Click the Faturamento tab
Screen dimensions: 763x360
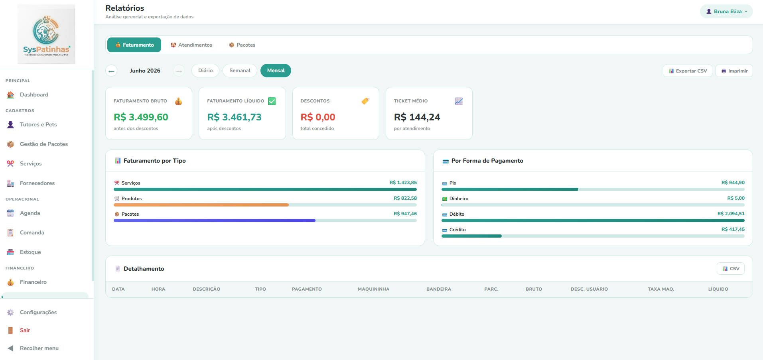click(134, 45)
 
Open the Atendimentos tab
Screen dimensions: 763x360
click(191, 45)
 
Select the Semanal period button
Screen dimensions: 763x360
click(240, 71)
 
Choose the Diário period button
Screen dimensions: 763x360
click(205, 71)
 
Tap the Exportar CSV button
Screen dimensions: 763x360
click(688, 71)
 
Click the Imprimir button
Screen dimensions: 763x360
click(734, 71)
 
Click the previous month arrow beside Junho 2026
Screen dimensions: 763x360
click(111, 71)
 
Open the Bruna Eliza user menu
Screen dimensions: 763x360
click(726, 12)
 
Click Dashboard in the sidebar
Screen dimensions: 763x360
click(34, 95)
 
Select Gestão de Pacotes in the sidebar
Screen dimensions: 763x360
click(44, 144)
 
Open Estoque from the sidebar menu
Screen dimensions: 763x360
click(30, 252)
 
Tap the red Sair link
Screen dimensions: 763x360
click(25, 330)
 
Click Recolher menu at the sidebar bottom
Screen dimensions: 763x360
click(39, 348)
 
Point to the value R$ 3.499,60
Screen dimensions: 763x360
click(141, 117)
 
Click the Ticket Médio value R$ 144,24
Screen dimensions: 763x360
click(417, 117)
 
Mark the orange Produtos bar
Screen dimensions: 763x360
click(201, 205)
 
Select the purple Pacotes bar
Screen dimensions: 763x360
click(215, 220)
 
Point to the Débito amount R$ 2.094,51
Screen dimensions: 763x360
click(731, 214)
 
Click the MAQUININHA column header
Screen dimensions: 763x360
click(374, 289)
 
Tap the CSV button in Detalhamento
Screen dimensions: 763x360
click(731, 269)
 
